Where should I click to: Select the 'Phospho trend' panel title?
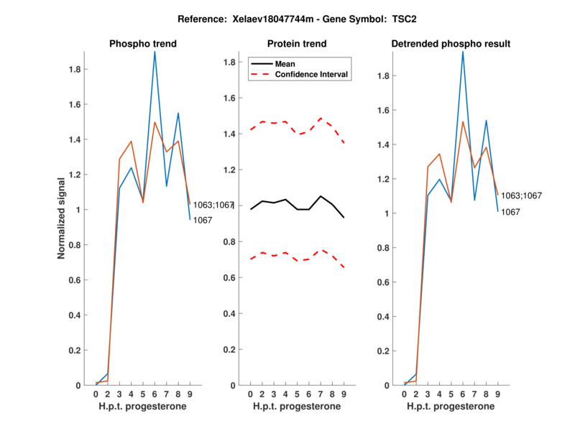coord(143,44)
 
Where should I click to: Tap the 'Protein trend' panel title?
coord(297,44)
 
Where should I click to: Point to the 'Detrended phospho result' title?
coord(451,44)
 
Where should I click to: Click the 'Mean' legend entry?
coord(285,63)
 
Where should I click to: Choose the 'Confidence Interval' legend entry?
coord(312,73)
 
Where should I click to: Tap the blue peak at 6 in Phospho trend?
coord(155,52)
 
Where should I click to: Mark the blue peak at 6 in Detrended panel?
coord(463,52)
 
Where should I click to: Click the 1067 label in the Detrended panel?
coord(511,212)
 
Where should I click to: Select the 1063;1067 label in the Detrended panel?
coord(521,195)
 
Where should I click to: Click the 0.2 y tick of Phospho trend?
coord(75,351)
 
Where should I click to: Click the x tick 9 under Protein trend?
coord(344,394)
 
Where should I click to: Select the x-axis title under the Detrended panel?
coord(451,407)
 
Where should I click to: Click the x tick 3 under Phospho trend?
coord(119,394)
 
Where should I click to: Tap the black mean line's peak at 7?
coord(321,196)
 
